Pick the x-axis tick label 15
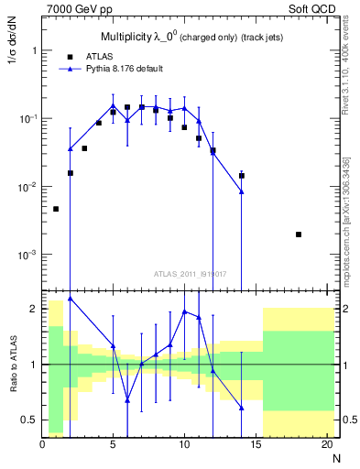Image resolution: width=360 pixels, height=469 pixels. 256,445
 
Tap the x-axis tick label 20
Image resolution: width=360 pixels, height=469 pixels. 326,445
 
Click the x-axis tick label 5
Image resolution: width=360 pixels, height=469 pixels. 113,445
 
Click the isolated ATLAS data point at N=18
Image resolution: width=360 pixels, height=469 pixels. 299,234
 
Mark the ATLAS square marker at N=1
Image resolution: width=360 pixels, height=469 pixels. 56,209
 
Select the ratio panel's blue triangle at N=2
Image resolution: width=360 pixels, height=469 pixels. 71,298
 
